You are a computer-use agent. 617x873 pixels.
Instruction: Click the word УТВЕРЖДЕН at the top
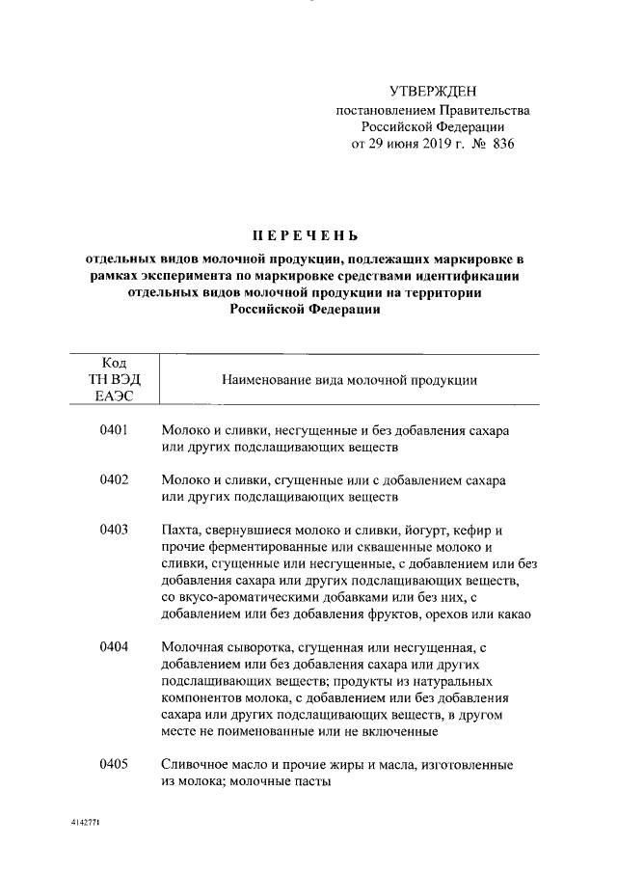433,93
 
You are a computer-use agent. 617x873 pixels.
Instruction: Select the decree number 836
502,145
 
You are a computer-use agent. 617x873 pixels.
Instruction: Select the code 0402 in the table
114,479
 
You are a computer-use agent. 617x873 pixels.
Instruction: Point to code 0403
114,531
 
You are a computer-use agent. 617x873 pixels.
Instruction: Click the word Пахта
179,532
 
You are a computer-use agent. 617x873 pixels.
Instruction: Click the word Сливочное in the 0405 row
196,765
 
